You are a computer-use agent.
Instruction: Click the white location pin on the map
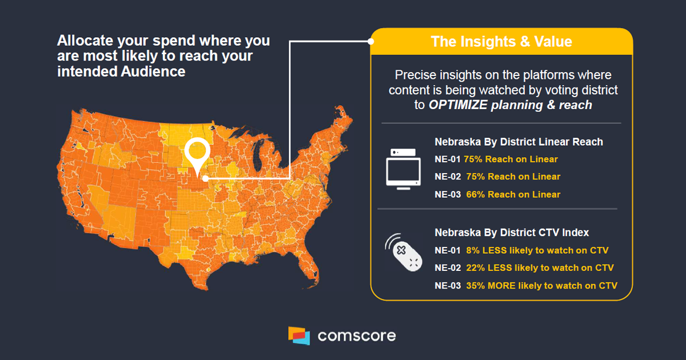tap(198, 151)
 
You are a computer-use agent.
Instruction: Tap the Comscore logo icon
tap(299, 335)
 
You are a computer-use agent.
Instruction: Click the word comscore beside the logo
tap(356, 335)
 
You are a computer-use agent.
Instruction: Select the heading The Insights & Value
tap(501, 41)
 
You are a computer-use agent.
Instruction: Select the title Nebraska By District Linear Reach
tap(519, 142)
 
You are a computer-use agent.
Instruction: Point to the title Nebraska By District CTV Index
tap(512, 233)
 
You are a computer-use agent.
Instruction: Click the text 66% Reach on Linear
tap(513, 194)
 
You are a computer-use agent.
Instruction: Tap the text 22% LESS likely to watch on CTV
tap(540, 267)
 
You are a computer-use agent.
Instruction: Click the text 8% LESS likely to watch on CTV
tap(537, 250)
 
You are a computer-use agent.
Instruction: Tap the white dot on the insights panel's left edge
tap(371, 41)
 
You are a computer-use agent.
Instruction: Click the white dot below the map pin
tap(204, 178)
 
